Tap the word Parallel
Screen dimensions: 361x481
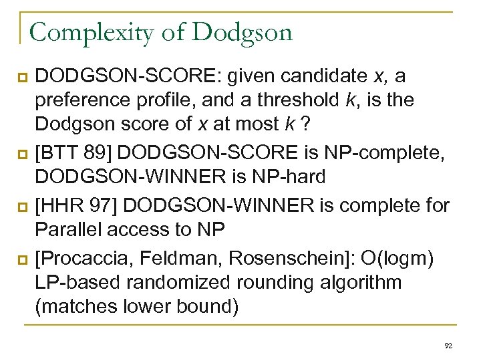71,229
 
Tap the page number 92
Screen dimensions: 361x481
448,345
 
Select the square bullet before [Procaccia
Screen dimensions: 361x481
22,258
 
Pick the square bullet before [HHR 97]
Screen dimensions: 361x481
22,205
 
